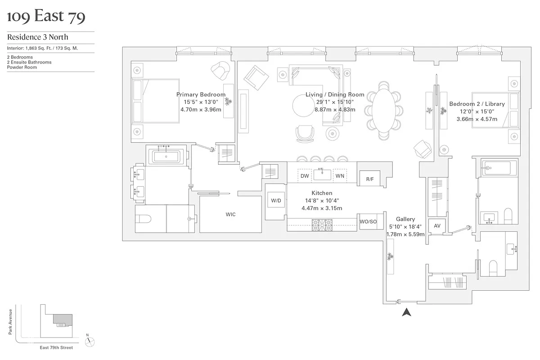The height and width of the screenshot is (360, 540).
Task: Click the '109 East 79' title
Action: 46,17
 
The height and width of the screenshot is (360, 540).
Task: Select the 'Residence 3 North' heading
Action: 37,37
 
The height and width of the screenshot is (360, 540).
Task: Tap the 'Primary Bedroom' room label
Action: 201,95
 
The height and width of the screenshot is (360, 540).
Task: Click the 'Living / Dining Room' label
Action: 335,95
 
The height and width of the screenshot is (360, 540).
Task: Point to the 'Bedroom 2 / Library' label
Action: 477,104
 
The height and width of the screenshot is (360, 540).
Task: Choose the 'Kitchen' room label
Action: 322,193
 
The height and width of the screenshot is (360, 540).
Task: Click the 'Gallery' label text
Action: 406,220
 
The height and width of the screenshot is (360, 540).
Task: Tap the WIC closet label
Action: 230,215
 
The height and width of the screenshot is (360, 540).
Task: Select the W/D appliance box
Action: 276,200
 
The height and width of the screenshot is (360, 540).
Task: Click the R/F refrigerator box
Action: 369,179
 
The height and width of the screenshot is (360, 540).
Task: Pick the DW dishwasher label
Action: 305,176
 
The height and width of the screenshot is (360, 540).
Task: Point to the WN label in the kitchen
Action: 340,176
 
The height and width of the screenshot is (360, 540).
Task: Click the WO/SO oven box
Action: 368,221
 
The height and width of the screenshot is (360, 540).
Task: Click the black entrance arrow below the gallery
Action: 406,312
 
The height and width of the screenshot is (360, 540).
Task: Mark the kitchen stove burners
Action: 322,224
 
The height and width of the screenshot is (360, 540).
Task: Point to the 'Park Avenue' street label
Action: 10,321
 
